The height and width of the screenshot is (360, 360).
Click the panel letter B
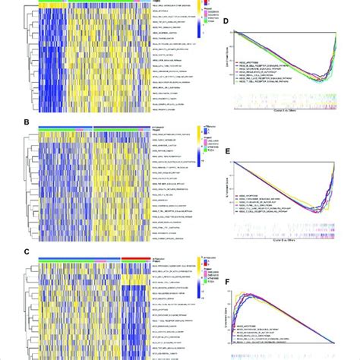(x=5, y=122)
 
